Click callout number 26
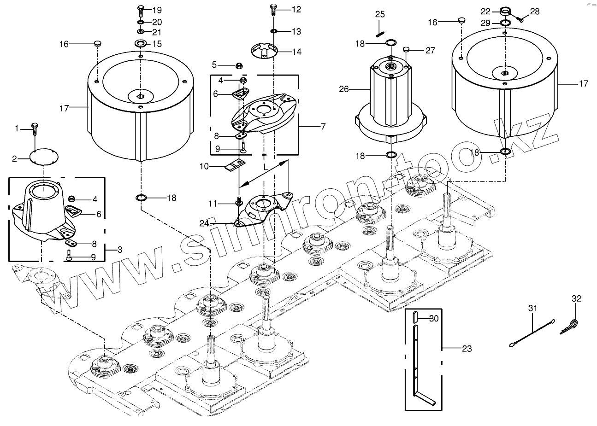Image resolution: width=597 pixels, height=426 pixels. coord(344,89)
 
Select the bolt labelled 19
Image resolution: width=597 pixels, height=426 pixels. coord(141,10)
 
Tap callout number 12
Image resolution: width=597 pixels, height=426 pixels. coord(296,9)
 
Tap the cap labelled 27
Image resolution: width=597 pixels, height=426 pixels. coord(406,49)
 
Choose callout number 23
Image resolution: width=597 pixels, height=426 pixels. coord(467,349)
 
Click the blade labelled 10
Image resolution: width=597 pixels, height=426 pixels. coord(236,165)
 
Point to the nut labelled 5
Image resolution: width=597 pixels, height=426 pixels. coord(239,64)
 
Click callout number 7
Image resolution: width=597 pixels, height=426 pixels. coord(323,126)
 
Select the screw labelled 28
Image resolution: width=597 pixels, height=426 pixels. coord(520,18)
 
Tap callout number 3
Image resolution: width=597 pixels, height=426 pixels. coord(119,250)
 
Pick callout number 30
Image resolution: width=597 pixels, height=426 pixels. coord(434,318)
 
